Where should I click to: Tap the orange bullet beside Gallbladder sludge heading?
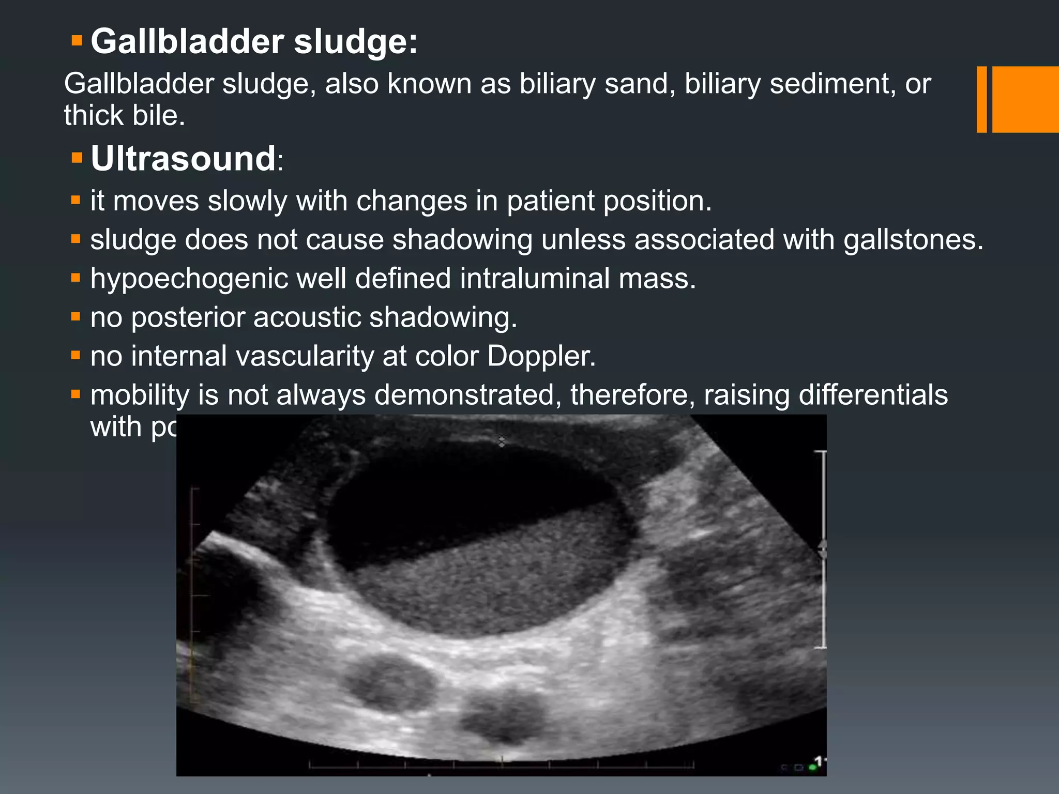point(77,40)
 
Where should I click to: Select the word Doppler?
point(541,356)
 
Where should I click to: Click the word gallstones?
point(913,240)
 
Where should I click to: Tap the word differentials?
point(873,395)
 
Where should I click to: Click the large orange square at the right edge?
point(1025,99)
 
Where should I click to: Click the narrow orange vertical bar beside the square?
point(981,99)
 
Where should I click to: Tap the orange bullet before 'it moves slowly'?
point(76,200)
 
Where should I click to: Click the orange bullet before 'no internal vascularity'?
point(76,355)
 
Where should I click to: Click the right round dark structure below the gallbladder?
point(504,715)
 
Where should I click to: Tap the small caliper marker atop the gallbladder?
point(501,441)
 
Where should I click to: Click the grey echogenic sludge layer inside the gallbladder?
point(491,579)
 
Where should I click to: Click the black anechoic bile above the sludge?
point(455,491)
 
